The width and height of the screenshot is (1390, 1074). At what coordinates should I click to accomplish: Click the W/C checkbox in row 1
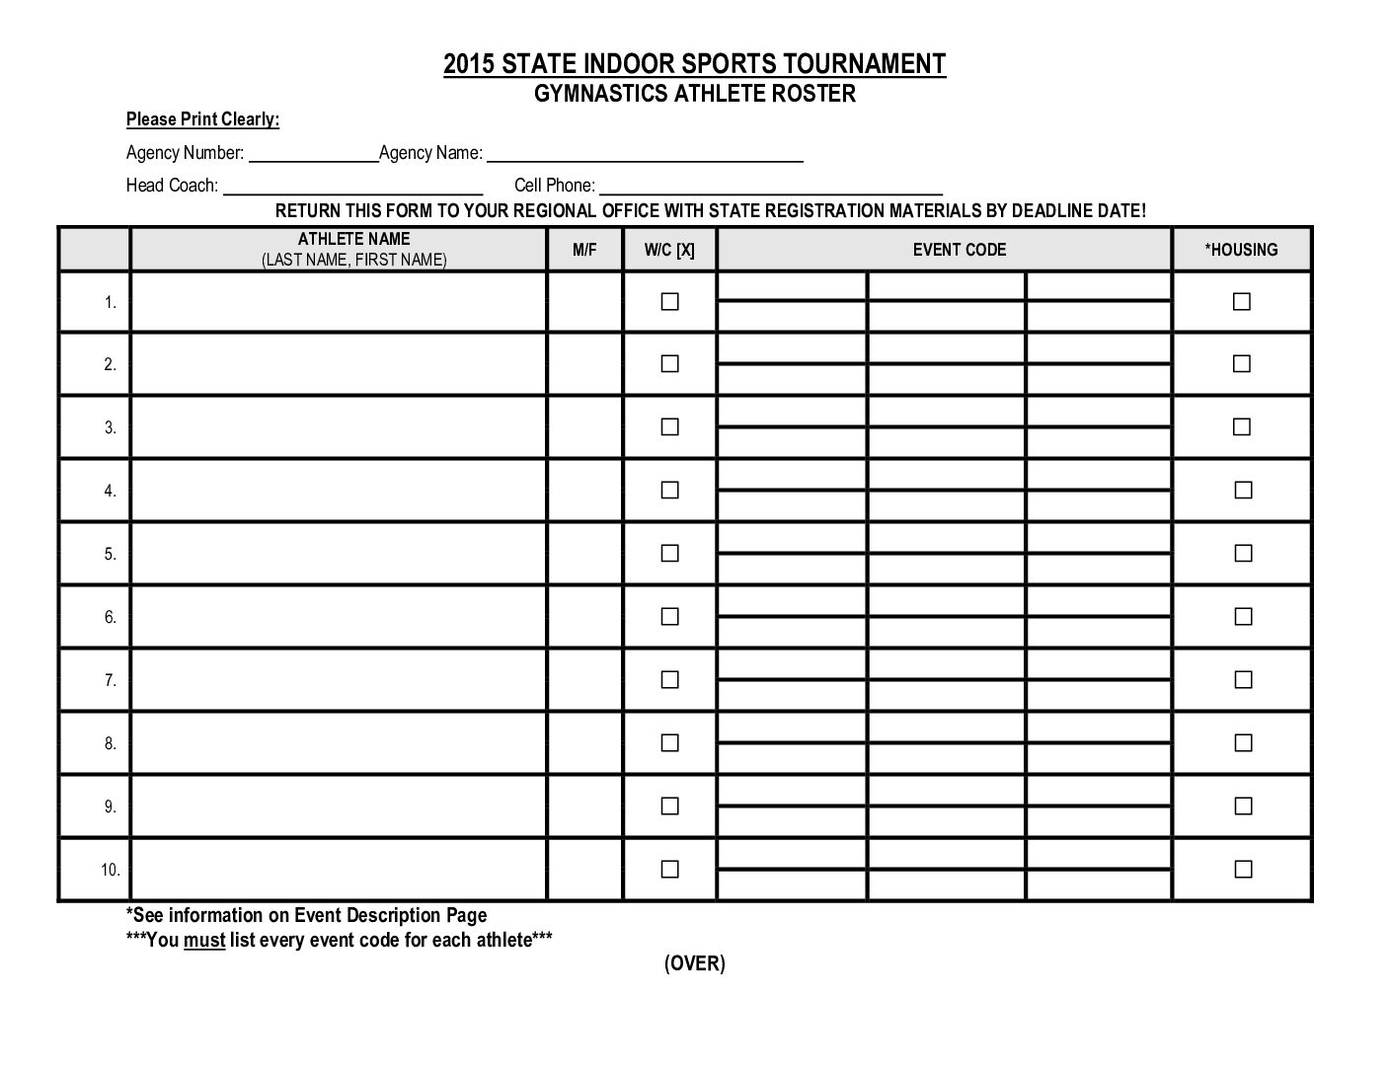point(669,301)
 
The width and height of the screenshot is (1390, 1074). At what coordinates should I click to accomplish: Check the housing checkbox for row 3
point(1242,427)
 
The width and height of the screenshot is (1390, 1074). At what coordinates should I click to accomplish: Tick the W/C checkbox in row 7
point(669,680)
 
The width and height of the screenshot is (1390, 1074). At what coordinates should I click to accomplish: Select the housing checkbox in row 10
point(1242,870)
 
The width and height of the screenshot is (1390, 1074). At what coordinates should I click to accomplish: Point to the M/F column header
point(584,250)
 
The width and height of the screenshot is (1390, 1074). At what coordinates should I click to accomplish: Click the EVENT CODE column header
point(959,250)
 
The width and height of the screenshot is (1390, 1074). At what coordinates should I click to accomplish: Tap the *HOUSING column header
point(1241,250)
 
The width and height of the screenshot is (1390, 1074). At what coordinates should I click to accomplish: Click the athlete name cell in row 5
point(339,554)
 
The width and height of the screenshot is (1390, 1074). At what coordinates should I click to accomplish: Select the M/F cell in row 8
point(584,743)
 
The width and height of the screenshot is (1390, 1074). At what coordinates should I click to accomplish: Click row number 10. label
point(110,870)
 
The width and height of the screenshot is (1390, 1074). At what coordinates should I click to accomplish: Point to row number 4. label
point(110,491)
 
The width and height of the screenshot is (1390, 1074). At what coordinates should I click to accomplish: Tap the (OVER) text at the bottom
point(694,963)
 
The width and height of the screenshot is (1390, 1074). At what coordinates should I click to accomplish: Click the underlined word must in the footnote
point(204,940)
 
